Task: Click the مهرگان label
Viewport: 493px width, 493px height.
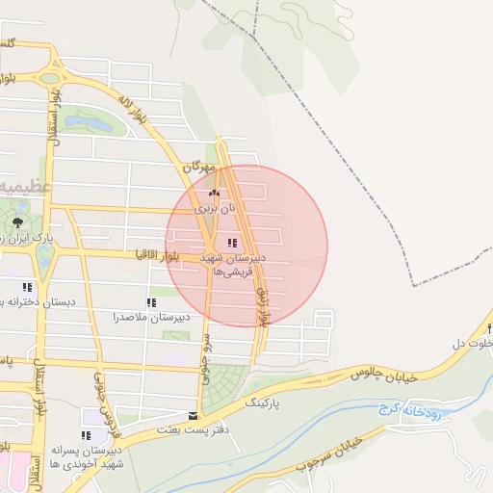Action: [x=197, y=167]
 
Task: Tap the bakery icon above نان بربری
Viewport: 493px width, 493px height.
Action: [x=214, y=193]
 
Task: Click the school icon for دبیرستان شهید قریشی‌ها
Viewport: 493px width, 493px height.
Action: [x=232, y=243]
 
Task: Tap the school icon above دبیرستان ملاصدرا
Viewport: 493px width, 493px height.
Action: [x=152, y=302]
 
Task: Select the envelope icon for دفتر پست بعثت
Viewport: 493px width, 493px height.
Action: [x=193, y=416]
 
